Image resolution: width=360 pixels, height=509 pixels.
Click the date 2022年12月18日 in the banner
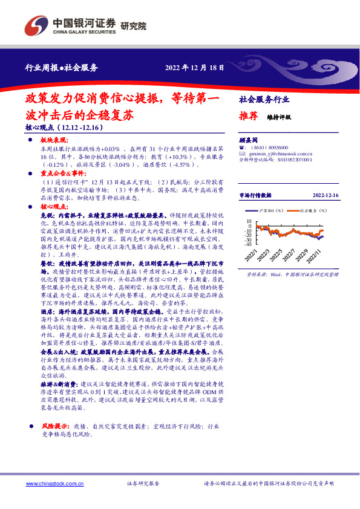coord(192,68)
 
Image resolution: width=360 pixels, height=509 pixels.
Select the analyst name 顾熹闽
coord(249,138)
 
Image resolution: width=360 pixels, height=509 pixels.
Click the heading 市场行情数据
coord(259,195)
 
